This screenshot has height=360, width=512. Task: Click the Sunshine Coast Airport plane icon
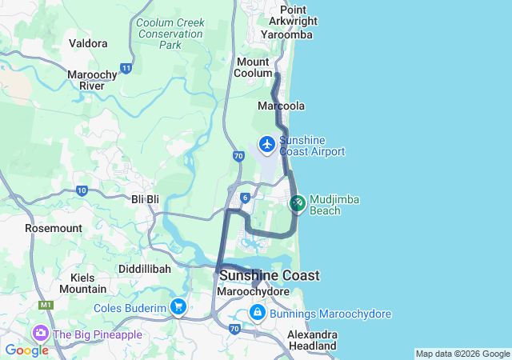click(266, 146)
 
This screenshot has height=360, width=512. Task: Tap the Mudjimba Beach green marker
click(298, 203)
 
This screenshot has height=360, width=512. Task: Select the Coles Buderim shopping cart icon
click(178, 306)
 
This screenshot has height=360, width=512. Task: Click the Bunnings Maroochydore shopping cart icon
click(258, 313)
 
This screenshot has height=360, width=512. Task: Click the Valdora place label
click(88, 43)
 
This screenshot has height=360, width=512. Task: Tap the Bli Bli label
click(145, 198)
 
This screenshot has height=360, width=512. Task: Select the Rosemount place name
click(54, 228)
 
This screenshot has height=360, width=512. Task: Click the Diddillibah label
click(144, 269)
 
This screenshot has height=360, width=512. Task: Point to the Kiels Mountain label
click(82, 282)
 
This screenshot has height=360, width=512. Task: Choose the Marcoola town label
click(280, 106)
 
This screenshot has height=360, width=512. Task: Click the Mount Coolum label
click(254, 67)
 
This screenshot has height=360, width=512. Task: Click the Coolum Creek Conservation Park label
click(170, 34)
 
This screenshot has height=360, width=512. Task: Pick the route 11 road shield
click(126, 69)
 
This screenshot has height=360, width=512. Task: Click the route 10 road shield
click(82, 190)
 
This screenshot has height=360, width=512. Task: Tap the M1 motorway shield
click(46, 305)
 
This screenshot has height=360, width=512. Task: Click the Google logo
click(26, 350)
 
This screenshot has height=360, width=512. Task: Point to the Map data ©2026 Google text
click(462, 354)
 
